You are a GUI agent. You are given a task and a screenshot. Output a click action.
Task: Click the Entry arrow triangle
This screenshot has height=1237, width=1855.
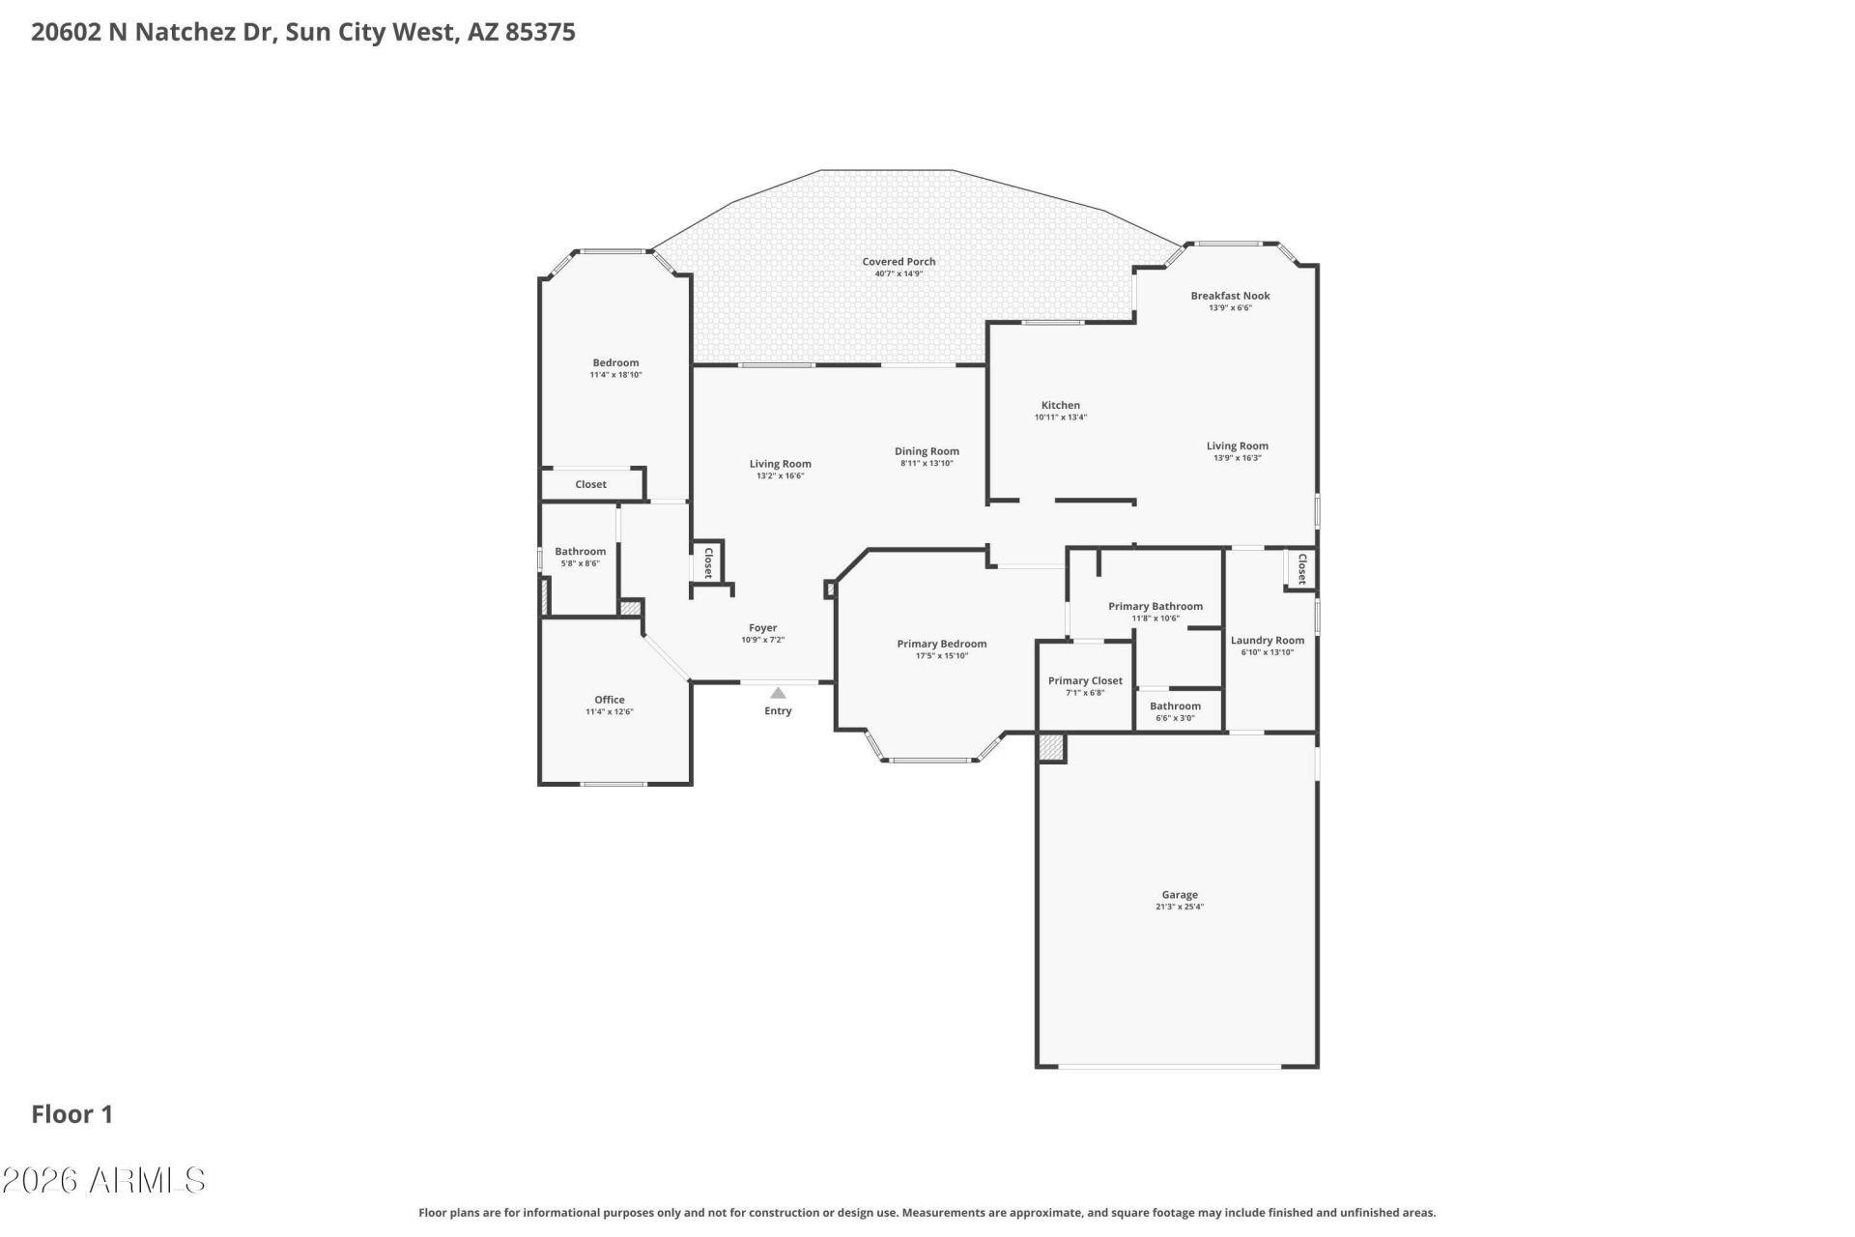(778, 693)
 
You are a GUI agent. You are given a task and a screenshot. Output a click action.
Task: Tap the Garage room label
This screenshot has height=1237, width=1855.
(1180, 895)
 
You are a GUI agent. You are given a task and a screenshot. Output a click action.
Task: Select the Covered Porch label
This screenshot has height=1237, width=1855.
(899, 262)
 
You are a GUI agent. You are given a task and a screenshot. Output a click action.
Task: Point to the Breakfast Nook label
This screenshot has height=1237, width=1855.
(1230, 296)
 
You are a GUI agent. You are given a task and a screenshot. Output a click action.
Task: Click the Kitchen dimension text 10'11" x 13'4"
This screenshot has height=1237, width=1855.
(1061, 417)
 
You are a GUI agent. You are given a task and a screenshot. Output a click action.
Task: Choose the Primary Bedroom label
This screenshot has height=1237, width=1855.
(942, 644)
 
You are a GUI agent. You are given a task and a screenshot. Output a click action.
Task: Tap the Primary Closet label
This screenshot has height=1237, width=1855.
(1085, 680)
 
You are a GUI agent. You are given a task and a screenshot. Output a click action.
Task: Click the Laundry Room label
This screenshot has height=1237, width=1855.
(1268, 640)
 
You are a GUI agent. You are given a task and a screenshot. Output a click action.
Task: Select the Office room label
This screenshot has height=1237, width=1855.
(610, 700)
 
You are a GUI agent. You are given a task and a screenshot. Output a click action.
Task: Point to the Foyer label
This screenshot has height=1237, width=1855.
(763, 628)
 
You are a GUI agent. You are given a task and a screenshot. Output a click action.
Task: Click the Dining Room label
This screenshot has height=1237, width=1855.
(927, 451)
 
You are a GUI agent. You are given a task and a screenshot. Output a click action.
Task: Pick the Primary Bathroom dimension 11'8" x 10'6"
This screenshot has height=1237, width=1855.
(1156, 618)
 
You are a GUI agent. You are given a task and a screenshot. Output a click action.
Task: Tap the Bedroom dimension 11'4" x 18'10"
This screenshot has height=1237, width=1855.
(616, 375)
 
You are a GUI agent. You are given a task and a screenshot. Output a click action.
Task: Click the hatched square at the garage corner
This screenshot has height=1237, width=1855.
(1052, 747)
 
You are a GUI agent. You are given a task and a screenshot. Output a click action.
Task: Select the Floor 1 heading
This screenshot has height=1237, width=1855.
(72, 1114)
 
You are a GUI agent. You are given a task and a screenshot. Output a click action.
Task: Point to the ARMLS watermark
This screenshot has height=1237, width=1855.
(103, 1180)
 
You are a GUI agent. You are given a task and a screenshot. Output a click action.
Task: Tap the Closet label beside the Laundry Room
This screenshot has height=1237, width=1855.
(1301, 568)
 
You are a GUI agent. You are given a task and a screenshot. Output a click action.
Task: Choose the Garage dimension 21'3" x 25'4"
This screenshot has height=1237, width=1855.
(1180, 906)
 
